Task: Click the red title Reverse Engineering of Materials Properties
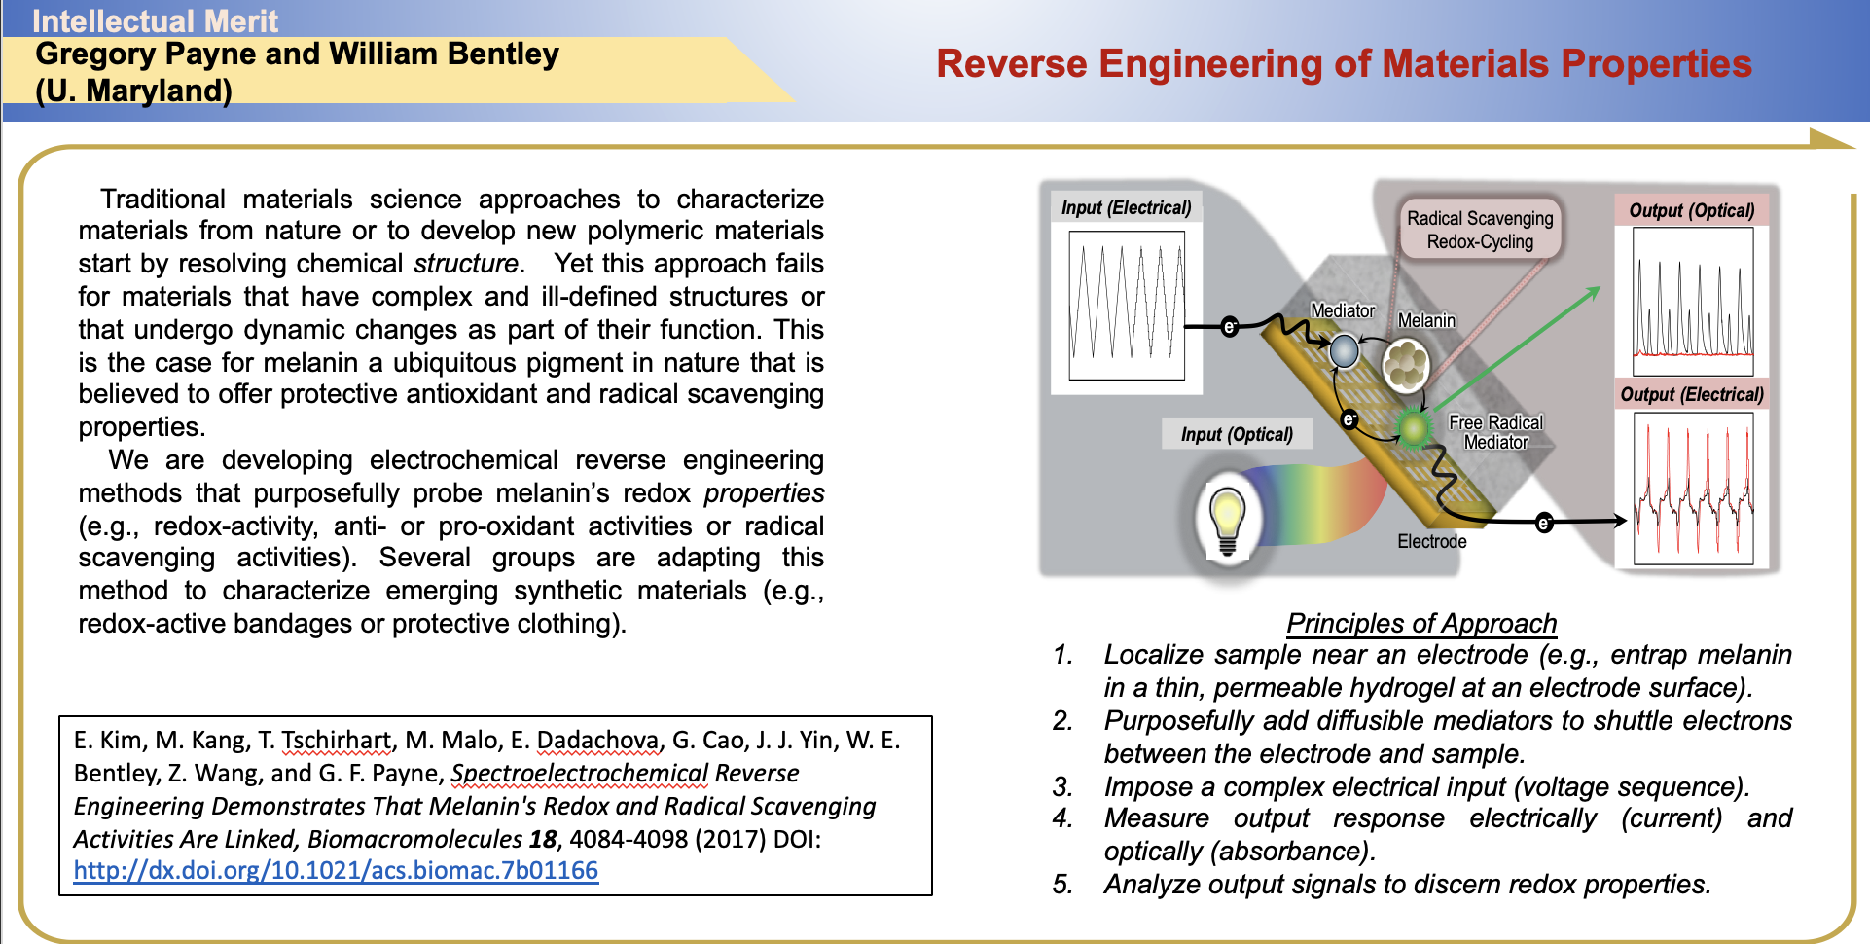pos(1344,64)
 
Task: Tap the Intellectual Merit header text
pos(155,20)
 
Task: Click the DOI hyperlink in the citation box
pos(336,870)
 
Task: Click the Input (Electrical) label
pos(1126,207)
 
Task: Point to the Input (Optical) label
pos(1237,434)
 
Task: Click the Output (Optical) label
pos(1691,210)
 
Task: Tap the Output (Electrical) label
pos(1691,394)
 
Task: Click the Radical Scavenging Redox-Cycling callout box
pos(1480,230)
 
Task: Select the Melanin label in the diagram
pos(1426,320)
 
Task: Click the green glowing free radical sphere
pos(1413,426)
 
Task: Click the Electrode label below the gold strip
pos(1431,541)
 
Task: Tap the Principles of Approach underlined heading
pos(1421,623)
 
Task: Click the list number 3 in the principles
pos(1061,786)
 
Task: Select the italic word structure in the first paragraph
pos(466,264)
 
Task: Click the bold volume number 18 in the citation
pos(543,839)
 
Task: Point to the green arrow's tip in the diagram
pos(1600,287)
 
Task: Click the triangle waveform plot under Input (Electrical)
pos(1127,305)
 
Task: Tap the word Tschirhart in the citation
pos(337,741)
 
